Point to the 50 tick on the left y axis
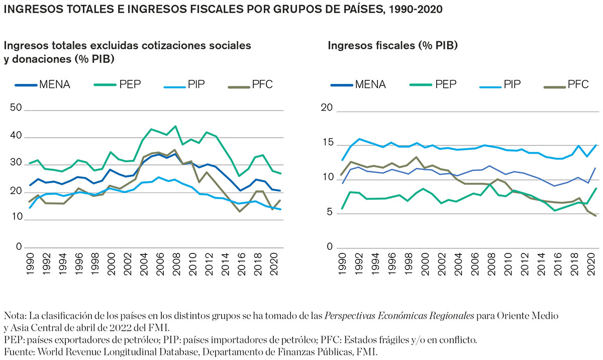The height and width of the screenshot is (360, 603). [x=16, y=108]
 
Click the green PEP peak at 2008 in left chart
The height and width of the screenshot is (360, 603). [x=175, y=126]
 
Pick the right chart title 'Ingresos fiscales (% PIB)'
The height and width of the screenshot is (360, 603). [x=392, y=46]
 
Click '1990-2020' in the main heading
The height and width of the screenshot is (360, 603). [x=414, y=10]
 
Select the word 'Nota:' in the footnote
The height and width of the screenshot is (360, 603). [x=15, y=316]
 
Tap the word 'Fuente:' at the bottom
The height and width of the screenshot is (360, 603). [x=18, y=351]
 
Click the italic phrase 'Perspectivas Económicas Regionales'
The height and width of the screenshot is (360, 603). [x=399, y=316]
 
